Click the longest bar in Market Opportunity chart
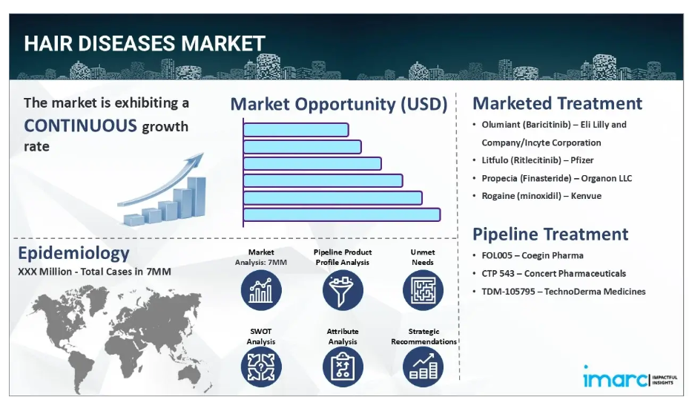tap(342, 214)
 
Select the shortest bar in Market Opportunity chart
tap(296, 130)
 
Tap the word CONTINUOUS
tap(80, 126)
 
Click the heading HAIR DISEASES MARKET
tap(145, 43)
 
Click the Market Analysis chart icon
tap(261, 290)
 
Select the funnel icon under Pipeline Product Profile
tap(343, 290)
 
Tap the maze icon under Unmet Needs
tap(423, 290)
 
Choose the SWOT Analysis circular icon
tap(261, 367)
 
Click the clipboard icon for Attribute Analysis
tap(343, 367)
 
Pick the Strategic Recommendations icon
tap(423, 367)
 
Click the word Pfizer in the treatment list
tap(581, 160)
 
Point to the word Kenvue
tap(586, 196)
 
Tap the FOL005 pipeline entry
tap(533, 255)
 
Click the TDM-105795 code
tap(508, 292)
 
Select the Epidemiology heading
tap(73, 253)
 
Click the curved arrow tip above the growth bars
tap(203, 154)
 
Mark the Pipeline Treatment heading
tap(550, 234)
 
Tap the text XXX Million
tap(45, 272)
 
